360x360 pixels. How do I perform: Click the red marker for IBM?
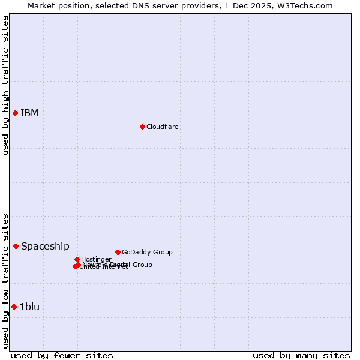tap(15, 113)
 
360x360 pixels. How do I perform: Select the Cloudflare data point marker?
tap(142, 127)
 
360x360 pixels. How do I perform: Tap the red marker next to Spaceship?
tap(16, 246)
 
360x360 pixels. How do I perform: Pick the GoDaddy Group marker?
tap(118, 252)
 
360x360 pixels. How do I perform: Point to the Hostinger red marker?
tap(77, 259)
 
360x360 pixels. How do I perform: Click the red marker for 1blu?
tap(14, 307)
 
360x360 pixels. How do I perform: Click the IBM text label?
tap(29, 113)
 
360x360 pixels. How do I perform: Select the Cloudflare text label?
tap(163, 127)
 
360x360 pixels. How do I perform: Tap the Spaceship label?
tap(45, 246)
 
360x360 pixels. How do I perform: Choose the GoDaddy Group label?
tap(147, 252)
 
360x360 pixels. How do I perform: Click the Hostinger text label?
tap(96, 259)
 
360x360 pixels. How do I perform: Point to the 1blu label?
tap(29, 307)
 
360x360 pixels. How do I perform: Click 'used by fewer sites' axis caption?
tap(62, 355)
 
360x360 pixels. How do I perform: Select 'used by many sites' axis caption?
tap(301, 355)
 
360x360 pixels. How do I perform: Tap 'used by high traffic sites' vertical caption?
tap(5, 85)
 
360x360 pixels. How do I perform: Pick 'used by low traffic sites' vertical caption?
tap(5, 280)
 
